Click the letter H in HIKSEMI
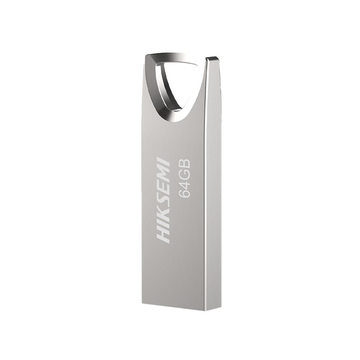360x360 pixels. pos(164,236)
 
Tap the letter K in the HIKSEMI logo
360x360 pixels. pos(164,217)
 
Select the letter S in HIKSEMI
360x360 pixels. pos(164,203)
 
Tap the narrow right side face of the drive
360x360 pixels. pos(213,189)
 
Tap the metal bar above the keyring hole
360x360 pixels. pos(175,58)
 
